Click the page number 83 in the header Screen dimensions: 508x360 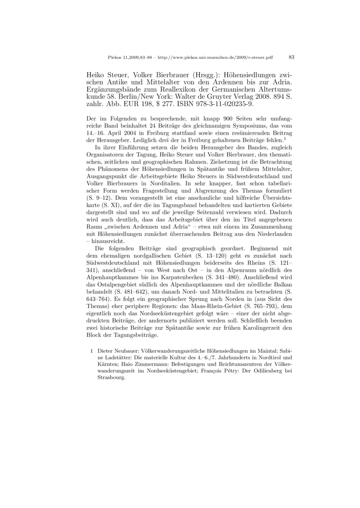(x=291, y=57)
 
